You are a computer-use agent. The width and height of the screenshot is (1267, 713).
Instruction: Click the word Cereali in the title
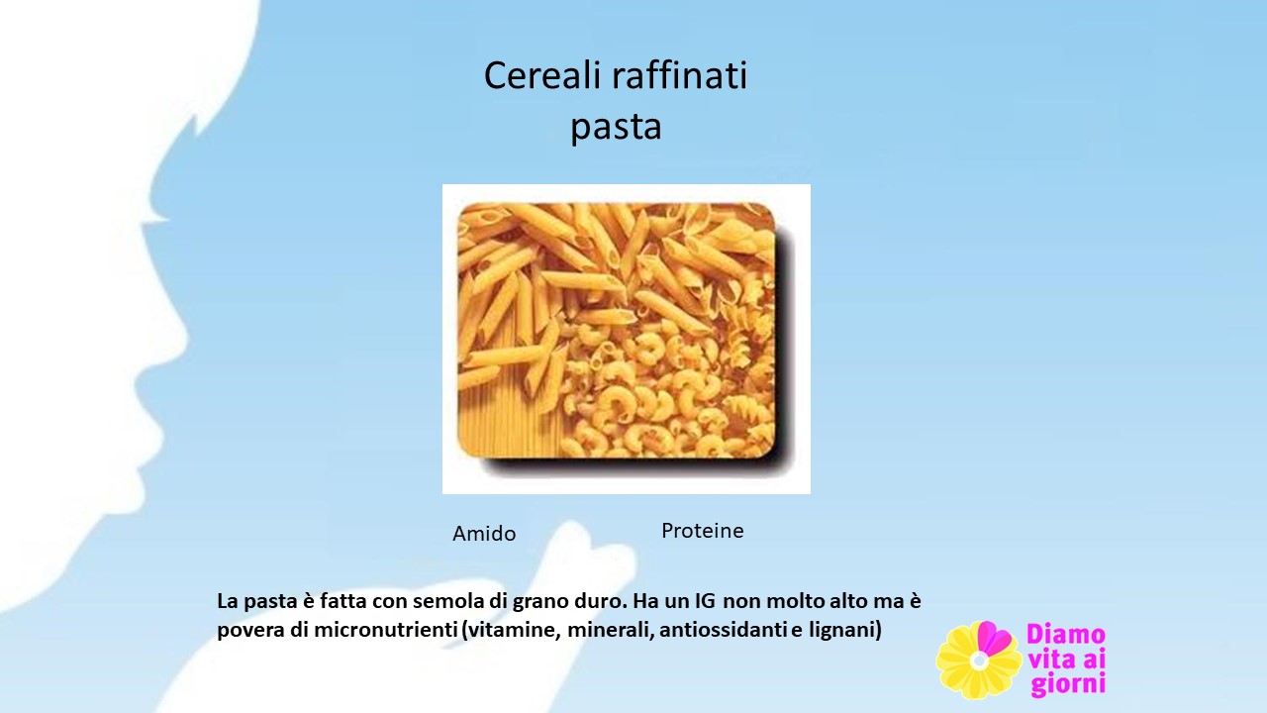[542, 75]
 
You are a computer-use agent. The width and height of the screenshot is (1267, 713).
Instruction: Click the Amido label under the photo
[484, 534]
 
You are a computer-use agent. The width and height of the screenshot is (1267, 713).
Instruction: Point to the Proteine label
[703, 531]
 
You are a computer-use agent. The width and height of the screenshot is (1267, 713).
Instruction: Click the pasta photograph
[627, 339]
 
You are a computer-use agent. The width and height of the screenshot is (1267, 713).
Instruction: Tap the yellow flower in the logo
[979, 661]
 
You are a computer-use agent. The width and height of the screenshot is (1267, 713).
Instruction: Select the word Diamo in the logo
[1066, 635]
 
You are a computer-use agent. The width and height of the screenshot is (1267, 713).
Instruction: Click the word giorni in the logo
[1068, 684]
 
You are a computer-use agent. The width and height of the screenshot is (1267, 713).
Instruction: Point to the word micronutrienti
[386, 630]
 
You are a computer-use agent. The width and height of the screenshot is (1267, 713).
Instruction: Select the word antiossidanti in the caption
[724, 630]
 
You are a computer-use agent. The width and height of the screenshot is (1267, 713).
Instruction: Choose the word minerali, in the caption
[612, 630]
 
